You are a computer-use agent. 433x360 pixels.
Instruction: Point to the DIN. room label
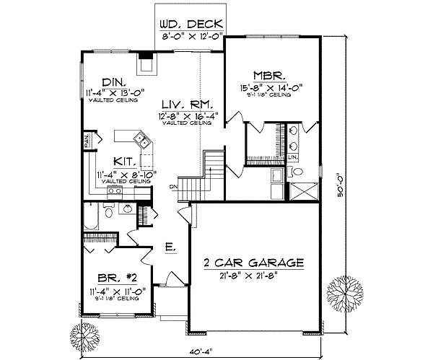click(x=112, y=81)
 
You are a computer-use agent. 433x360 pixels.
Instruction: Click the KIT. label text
click(x=127, y=162)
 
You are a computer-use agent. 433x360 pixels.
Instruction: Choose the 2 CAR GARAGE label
click(x=253, y=263)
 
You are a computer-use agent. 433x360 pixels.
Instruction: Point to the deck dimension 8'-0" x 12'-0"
click(x=191, y=32)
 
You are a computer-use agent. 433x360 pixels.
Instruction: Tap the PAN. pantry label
click(x=87, y=139)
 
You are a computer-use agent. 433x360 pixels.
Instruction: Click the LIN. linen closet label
click(x=293, y=157)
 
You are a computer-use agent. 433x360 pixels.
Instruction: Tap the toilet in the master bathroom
click(x=297, y=172)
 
